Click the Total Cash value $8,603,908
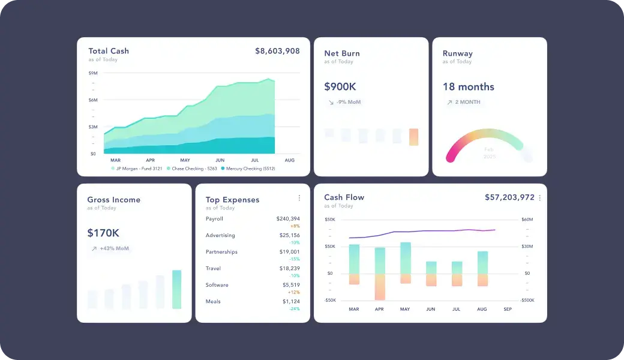coord(277,51)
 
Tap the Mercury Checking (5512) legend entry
coord(248,169)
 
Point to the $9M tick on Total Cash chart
coord(93,73)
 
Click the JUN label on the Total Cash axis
coord(220,160)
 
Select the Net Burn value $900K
coord(340,87)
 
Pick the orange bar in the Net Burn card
coord(413,137)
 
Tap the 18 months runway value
coord(468,87)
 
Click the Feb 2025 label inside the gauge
coord(490,153)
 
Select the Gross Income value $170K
coord(103,233)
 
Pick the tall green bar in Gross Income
coord(176,289)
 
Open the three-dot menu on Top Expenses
coord(299,198)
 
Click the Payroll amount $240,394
coord(288,219)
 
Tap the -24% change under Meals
coord(295,308)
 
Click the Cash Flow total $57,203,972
coord(509,197)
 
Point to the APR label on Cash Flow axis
coord(379,310)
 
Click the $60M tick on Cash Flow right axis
coord(527,220)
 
